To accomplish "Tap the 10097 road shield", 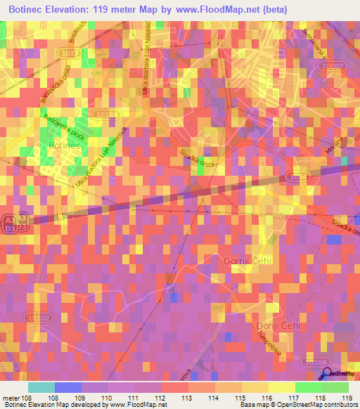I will click(333, 65).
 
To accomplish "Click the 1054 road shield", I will click(300, 176).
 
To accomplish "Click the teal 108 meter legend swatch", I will click(41, 387).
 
